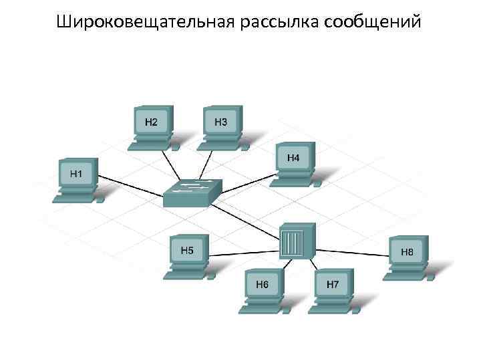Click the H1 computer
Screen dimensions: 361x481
pyautogui.click(x=77, y=176)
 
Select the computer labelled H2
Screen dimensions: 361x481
pyautogui.click(x=152, y=123)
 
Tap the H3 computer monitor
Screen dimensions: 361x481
pyautogui.click(x=222, y=123)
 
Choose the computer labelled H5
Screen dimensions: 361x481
pyautogui.click(x=188, y=253)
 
